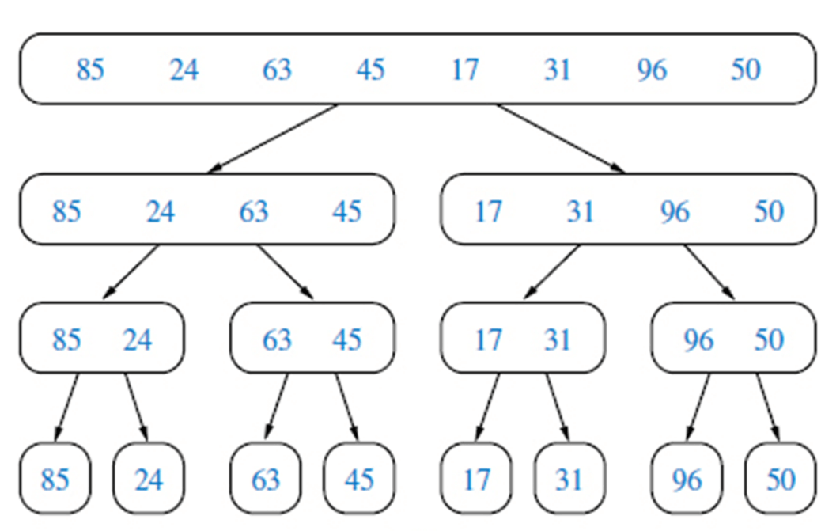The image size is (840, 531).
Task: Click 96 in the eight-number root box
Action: click(651, 70)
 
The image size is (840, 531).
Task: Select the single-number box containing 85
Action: click(55, 480)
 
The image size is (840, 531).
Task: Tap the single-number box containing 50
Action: click(780, 480)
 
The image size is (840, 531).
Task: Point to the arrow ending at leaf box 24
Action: click(136, 407)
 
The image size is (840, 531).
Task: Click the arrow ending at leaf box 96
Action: click(696, 407)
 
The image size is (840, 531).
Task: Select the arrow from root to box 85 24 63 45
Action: click(274, 138)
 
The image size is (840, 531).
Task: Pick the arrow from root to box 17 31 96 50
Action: click(560, 138)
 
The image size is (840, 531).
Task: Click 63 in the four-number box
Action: click(253, 211)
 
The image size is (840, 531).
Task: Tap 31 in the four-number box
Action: click(581, 211)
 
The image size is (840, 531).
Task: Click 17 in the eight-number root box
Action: click(464, 70)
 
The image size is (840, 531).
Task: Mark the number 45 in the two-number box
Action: click(346, 339)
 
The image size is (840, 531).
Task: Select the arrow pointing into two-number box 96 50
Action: click(709, 272)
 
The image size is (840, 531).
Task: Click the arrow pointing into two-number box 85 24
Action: click(131, 272)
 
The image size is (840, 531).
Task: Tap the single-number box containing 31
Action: click(568, 480)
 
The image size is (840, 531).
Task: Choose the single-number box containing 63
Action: click(265, 480)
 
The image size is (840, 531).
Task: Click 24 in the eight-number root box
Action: click(184, 70)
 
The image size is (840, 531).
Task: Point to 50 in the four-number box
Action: click(768, 211)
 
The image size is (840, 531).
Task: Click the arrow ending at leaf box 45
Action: click(346, 407)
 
